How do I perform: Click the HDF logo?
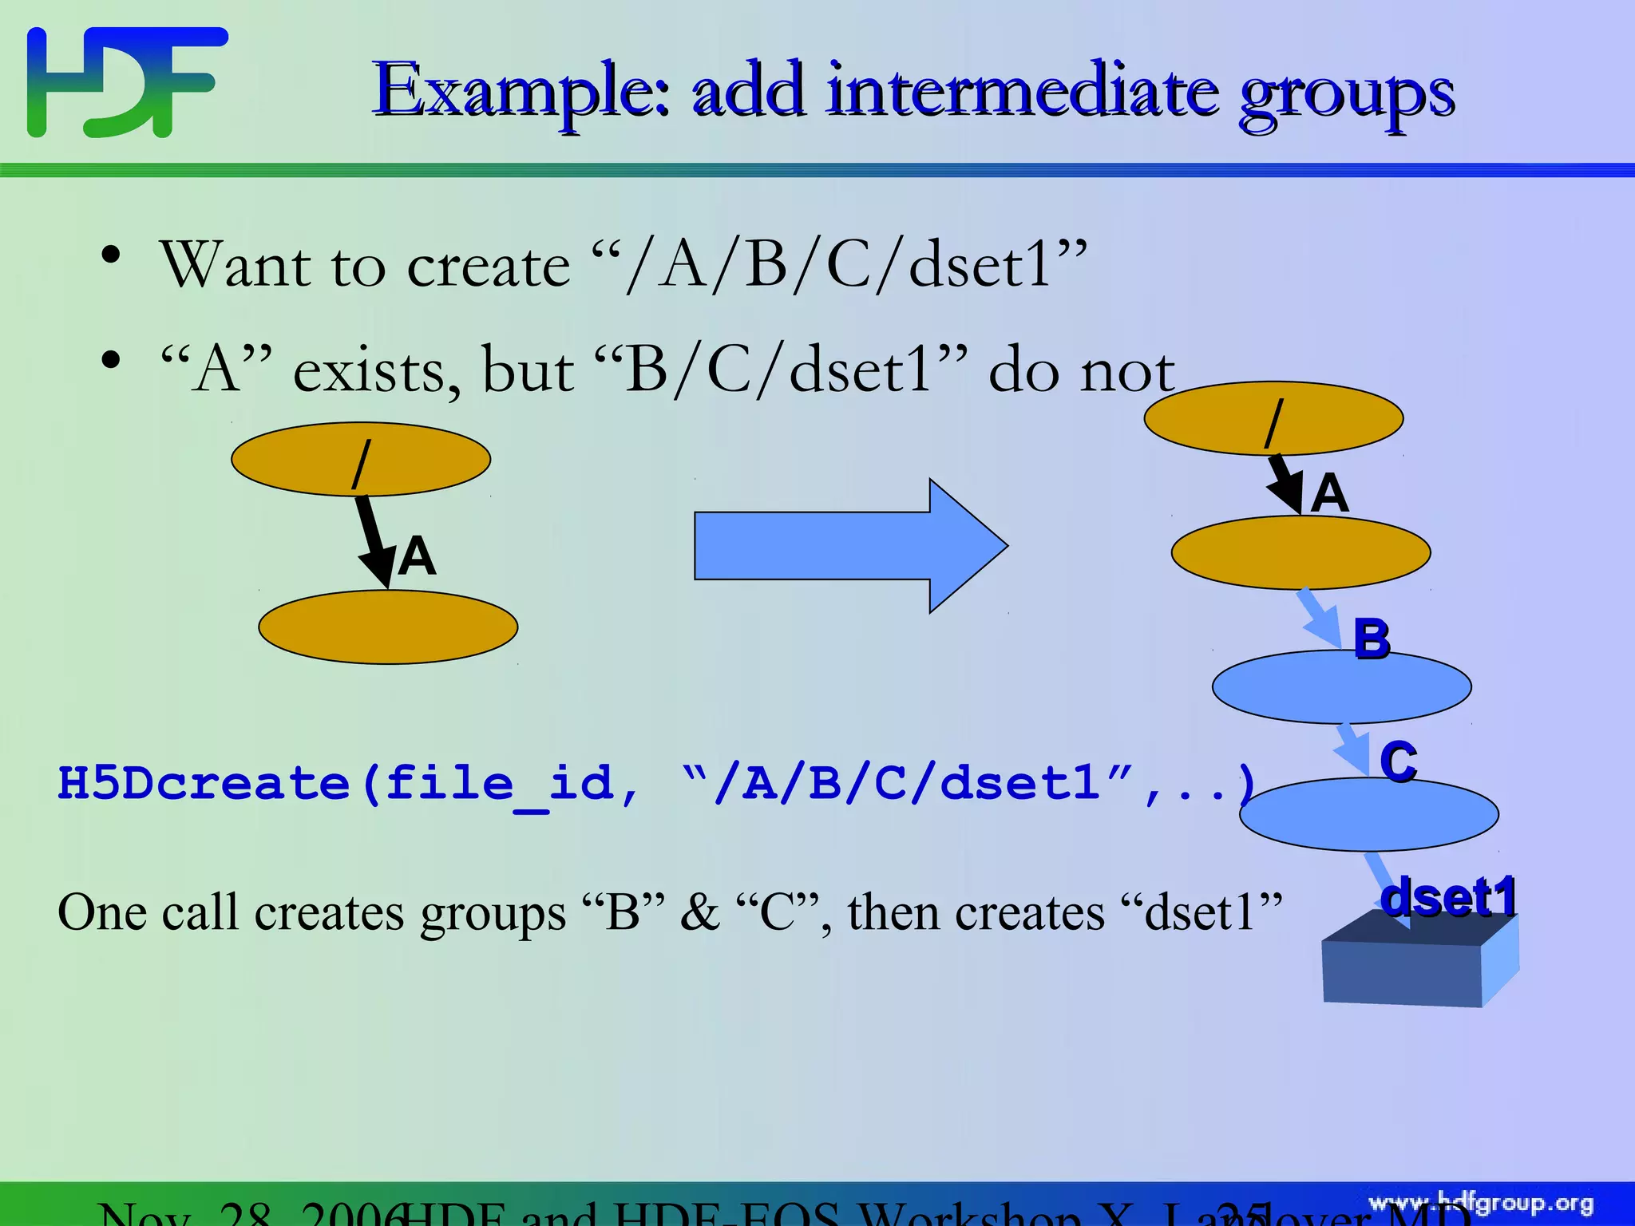pyautogui.click(x=126, y=82)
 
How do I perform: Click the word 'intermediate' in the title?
pyautogui.click(x=1023, y=92)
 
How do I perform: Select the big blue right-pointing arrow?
pyautogui.click(x=849, y=546)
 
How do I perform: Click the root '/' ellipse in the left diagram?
pyautogui.click(x=361, y=459)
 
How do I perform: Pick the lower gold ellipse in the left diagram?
pyautogui.click(x=388, y=627)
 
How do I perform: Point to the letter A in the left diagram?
pyautogui.click(x=417, y=556)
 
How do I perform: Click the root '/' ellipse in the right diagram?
pyautogui.click(x=1273, y=418)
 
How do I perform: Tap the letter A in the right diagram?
pyautogui.click(x=1329, y=492)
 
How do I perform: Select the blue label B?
pyautogui.click(x=1372, y=639)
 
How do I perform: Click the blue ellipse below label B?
pyautogui.click(x=1341, y=687)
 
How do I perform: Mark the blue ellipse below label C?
pyautogui.click(x=1368, y=815)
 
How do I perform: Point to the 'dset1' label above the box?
pyautogui.click(x=1449, y=896)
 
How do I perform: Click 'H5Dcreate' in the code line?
pyautogui.click(x=204, y=783)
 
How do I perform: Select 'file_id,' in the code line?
pyautogui.click(x=512, y=783)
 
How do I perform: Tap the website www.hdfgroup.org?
pyautogui.click(x=1480, y=1203)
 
